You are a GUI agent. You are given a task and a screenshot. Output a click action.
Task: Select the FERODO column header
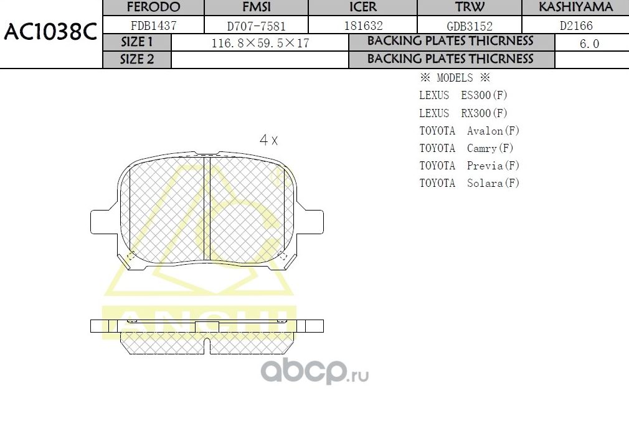click(153, 7)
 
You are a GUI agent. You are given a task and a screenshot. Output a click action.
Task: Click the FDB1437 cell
click(153, 26)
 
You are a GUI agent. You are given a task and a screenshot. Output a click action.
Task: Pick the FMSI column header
click(257, 7)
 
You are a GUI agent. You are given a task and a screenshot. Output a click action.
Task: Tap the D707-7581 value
click(257, 27)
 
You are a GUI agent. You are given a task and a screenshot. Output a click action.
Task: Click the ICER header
click(363, 7)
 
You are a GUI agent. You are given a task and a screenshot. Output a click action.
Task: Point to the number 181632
click(363, 26)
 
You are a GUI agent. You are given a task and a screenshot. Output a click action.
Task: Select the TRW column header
click(470, 7)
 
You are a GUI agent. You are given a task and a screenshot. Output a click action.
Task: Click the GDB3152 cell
click(470, 27)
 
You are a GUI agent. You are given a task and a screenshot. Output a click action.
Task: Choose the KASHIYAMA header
click(575, 7)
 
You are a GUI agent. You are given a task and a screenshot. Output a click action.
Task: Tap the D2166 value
click(576, 26)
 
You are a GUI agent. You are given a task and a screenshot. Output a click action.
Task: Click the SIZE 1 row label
click(136, 42)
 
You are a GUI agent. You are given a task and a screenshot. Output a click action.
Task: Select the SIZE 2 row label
click(136, 60)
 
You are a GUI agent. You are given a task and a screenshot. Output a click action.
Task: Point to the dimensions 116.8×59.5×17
click(260, 44)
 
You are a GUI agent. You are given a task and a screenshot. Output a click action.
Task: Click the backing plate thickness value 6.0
click(589, 44)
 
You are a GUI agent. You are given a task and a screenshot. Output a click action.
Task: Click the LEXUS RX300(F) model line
click(463, 113)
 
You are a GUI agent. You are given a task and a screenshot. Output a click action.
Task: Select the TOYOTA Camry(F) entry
click(466, 148)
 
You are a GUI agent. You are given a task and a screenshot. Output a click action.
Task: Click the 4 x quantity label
click(268, 140)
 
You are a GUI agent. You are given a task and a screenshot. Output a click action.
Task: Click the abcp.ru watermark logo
click(314, 372)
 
